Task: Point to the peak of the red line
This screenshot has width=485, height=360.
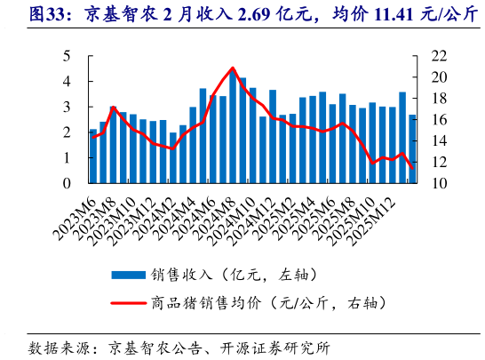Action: pos(233,68)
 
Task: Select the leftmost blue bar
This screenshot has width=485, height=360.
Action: pos(93,156)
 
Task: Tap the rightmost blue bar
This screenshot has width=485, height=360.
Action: pos(412,148)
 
